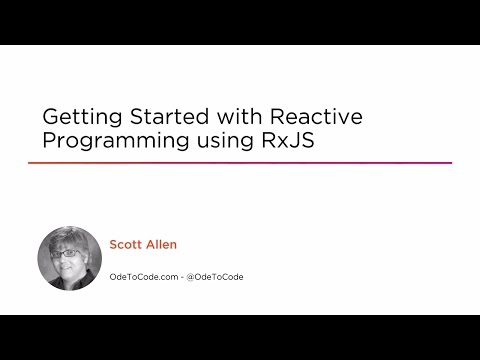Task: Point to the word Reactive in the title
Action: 320,116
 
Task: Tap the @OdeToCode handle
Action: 217,276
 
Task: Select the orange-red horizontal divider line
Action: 240,163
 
